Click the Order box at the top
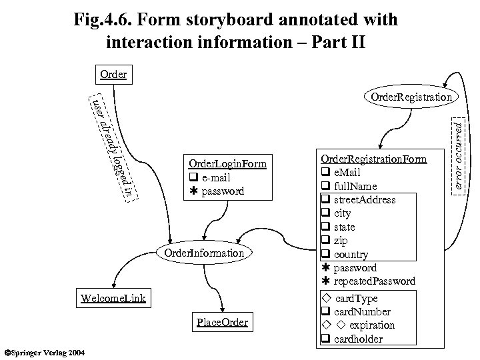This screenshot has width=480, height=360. coord(113,74)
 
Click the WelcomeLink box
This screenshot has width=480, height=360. coord(113,296)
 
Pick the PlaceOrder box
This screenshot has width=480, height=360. coord(223,323)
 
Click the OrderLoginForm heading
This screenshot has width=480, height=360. coord(227,164)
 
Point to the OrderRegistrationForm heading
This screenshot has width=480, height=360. coord(373,159)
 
